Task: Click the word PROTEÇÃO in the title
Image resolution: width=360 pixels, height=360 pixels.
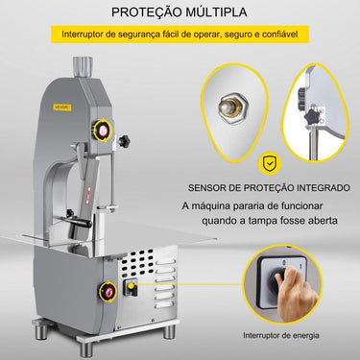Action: point(143,13)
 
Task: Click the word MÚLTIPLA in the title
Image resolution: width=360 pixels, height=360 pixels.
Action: point(215,13)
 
